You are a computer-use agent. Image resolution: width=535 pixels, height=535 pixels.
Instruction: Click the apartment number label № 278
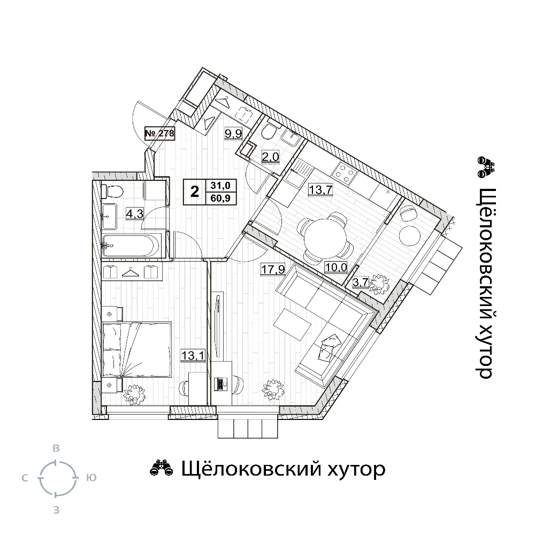(x=159, y=133)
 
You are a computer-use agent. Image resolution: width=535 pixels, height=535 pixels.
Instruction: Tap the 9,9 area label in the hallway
(x=233, y=133)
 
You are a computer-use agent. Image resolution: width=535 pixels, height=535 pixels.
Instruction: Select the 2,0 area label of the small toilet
(x=271, y=157)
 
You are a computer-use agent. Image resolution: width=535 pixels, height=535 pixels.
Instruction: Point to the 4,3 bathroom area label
(x=135, y=214)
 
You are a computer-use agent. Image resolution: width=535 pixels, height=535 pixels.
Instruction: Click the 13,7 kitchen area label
(x=320, y=189)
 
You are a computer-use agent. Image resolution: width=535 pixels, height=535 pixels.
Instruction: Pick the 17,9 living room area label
(x=273, y=270)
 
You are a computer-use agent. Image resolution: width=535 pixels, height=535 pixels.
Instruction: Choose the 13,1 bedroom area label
(x=193, y=356)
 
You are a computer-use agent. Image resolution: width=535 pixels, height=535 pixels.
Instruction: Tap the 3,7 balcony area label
(x=361, y=282)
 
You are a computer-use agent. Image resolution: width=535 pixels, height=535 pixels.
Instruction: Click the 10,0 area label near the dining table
(x=336, y=267)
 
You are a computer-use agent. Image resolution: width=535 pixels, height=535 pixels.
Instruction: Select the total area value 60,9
(x=220, y=198)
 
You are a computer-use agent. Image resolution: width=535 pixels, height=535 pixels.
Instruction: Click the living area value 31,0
(x=220, y=186)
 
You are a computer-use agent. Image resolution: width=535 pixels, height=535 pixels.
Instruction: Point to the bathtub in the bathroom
(x=131, y=246)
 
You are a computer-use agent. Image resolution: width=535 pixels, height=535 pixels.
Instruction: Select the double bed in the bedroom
(x=137, y=350)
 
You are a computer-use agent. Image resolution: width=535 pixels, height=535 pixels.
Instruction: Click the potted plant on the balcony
(x=379, y=284)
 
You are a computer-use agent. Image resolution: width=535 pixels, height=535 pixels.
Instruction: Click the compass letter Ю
(x=91, y=478)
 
